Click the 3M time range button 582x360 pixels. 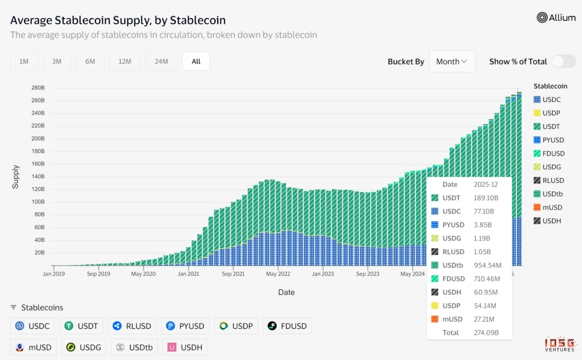57,61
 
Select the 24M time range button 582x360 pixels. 161,61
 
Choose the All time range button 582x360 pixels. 196,61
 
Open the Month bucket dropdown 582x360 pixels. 452,61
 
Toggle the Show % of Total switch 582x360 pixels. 563,61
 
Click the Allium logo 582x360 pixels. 557,18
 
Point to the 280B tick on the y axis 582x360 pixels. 38,88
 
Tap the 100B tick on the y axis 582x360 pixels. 38,202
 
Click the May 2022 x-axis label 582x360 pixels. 279,274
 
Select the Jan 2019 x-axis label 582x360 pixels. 54,274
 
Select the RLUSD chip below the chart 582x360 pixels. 132,326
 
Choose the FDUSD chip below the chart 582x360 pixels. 287,326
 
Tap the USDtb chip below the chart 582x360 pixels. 135,348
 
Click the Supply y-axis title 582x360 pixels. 16,177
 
